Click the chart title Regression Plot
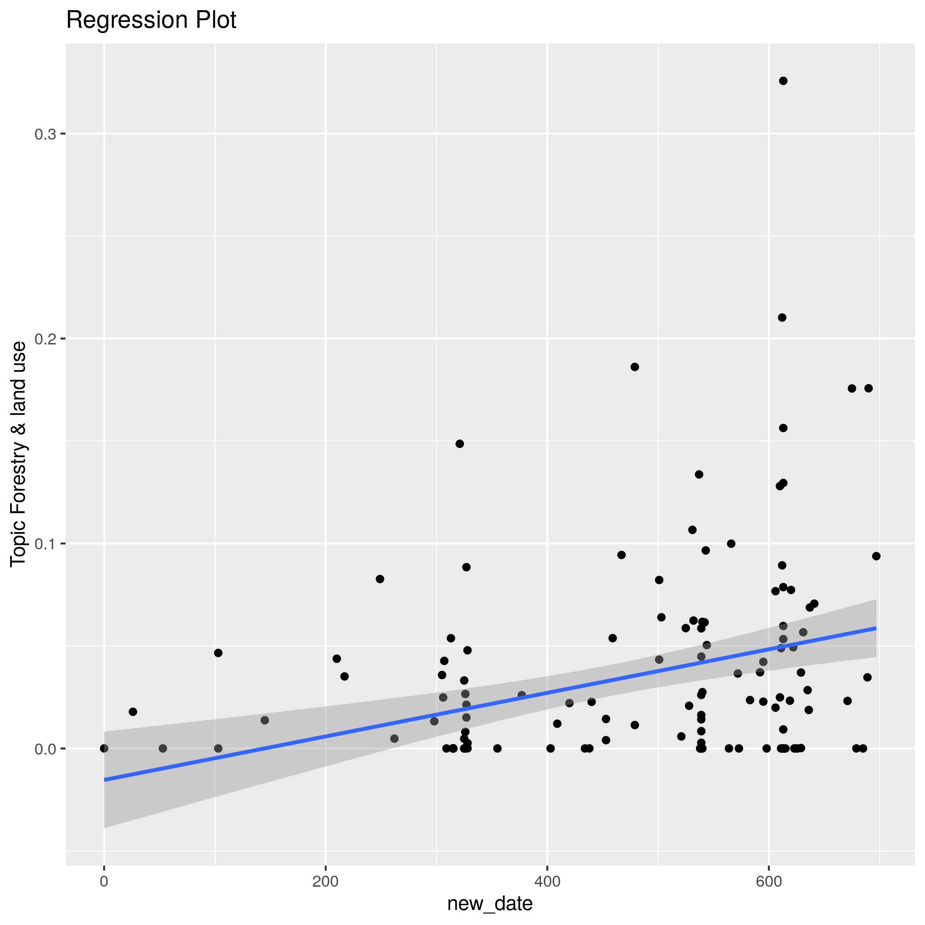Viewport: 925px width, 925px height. tap(151, 20)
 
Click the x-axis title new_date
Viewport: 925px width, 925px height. tap(490, 903)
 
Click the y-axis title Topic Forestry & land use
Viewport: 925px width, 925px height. tap(18, 454)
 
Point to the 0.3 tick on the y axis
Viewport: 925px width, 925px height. tap(45, 134)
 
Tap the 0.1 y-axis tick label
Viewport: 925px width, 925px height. tap(45, 544)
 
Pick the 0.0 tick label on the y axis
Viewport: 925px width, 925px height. tap(45, 749)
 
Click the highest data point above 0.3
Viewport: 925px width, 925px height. tap(783, 81)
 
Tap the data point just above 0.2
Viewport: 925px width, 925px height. tap(782, 318)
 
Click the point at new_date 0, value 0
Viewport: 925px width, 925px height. tap(104, 748)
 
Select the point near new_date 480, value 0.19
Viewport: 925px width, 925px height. tap(635, 367)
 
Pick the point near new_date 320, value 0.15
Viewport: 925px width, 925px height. tap(459, 444)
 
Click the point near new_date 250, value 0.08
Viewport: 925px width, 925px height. tap(380, 579)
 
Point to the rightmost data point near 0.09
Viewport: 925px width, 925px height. tap(877, 556)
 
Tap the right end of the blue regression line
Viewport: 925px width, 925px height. tap(876, 628)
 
